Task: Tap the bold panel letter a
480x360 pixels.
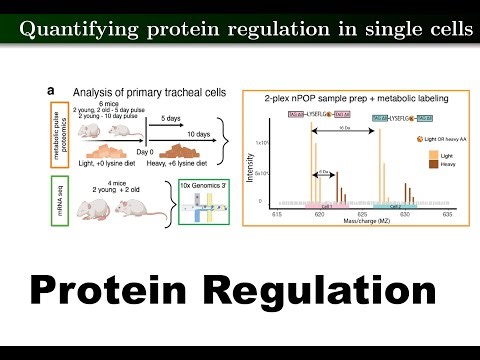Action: pos(50,91)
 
